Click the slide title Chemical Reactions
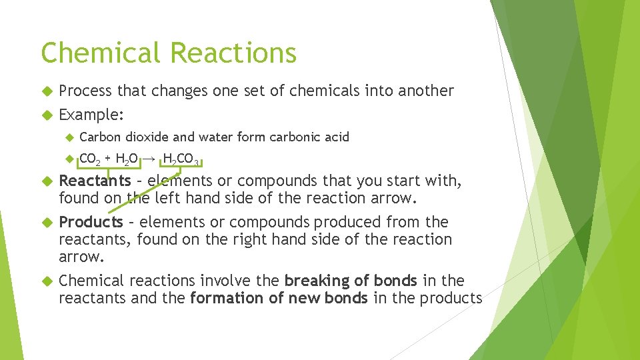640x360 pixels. (x=168, y=53)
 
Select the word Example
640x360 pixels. (x=89, y=115)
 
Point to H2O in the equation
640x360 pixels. (x=127, y=159)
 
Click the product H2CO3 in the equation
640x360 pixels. (x=181, y=159)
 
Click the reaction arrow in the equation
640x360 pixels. (x=151, y=159)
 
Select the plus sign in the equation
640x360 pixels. (x=109, y=159)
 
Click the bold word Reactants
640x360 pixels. (x=95, y=181)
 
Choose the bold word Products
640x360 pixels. (x=91, y=222)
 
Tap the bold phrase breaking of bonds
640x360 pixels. (x=351, y=281)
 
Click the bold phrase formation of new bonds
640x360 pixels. (x=279, y=298)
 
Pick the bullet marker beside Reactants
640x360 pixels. (x=46, y=181)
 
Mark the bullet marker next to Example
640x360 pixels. (x=46, y=115)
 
